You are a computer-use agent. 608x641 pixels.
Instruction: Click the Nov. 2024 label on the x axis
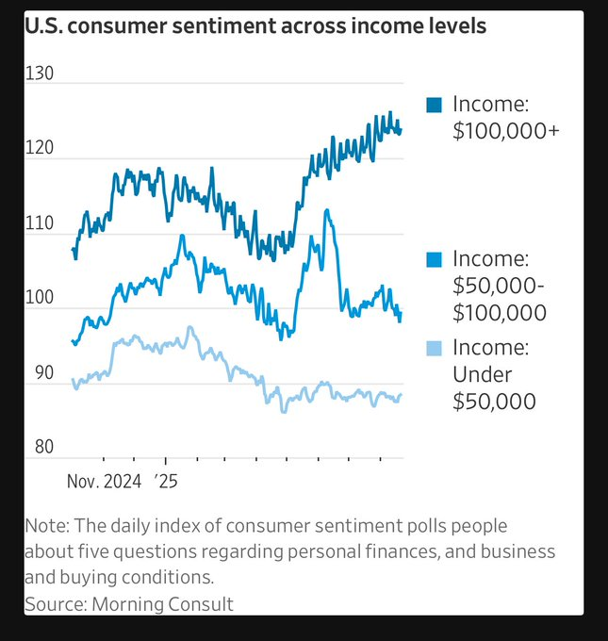104,482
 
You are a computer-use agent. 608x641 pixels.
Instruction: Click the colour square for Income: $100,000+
434,105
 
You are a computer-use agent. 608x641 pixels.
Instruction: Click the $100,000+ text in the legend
506,131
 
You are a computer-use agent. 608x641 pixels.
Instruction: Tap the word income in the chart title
382,25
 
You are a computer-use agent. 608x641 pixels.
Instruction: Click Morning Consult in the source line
162,603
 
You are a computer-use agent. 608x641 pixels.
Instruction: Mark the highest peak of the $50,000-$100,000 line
326,210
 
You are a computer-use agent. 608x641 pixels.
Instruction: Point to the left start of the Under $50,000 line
73,380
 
